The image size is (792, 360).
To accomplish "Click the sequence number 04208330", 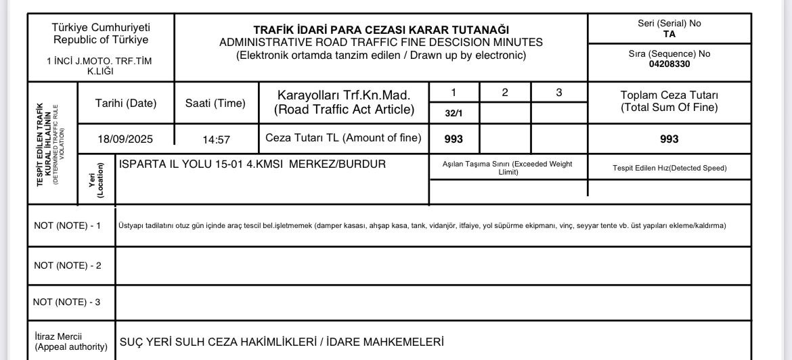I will tap(669, 64).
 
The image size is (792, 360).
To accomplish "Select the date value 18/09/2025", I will tap(125, 139).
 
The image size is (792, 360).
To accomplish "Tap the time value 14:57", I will tap(217, 139).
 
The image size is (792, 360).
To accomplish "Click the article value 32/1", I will tap(454, 113).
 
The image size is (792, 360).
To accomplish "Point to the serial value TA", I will tap(669, 34).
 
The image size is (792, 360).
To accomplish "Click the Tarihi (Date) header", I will tap(126, 103).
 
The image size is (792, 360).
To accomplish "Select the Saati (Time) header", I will tap(215, 103).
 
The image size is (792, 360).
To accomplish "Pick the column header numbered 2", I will tap(505, 93).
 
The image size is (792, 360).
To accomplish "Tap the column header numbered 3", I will tap(558, 93).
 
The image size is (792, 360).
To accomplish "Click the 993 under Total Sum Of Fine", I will tap(669, 139).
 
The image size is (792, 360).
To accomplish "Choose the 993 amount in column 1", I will tap(454, 139).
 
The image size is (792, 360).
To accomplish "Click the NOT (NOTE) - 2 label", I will tap(68, 265).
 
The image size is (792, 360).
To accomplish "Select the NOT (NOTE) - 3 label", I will tap(67, 302).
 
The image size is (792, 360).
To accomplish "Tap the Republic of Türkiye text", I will tap(101, 39).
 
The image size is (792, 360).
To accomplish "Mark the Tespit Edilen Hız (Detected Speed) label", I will tap(669, 168).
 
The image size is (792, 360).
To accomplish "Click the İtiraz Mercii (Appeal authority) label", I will tap(70, 341).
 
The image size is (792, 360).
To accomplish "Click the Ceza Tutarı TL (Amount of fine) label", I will tap(343, 138).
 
